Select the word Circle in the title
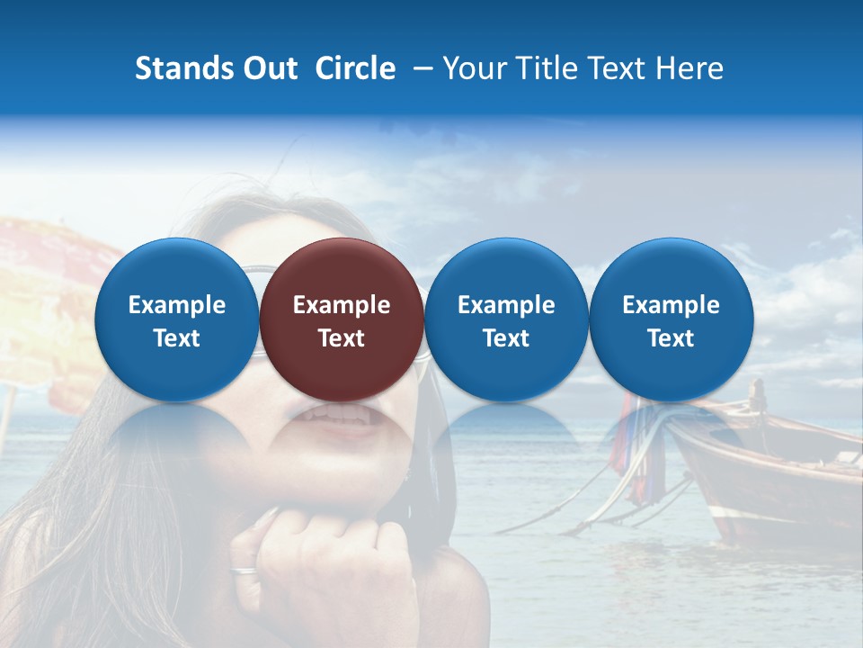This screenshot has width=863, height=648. [x=355, y=68]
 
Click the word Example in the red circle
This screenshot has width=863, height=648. [x=342, y=305]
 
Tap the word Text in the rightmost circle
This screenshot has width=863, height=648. [x=671, y=338]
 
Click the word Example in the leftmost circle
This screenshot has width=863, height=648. [x=176, y=305]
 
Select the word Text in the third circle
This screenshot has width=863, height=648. [x=506, y=338]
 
